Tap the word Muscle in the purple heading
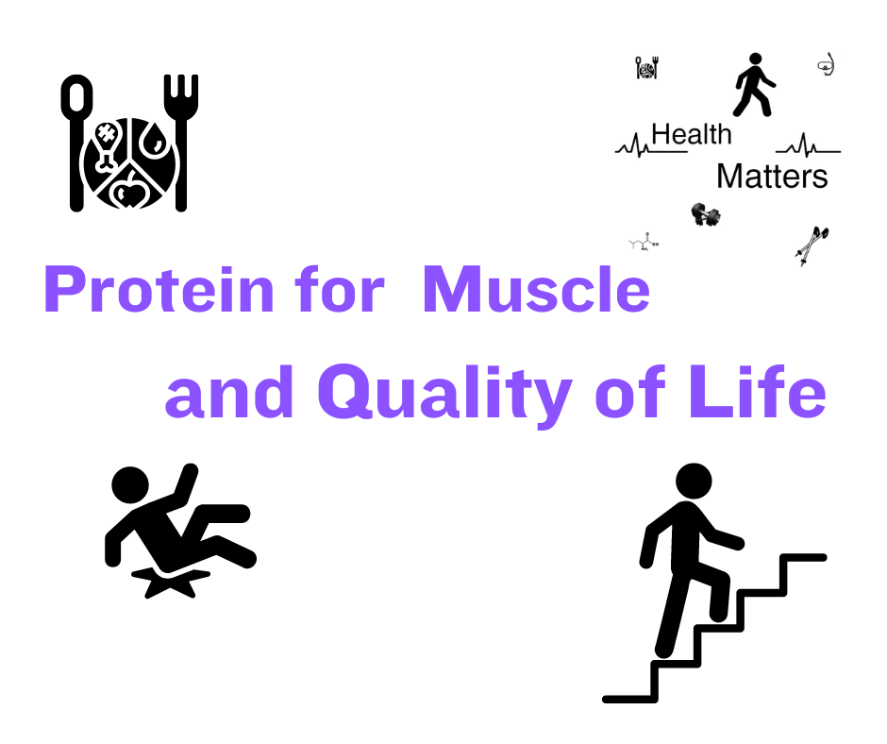(536, 289)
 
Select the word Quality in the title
(444, 393)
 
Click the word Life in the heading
(758, 391)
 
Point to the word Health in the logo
(692, 135)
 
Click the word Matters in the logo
(772, 177)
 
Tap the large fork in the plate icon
(181, 143)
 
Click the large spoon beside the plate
(77, 143)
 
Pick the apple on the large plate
(129, 190)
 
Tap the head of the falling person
(130, 485)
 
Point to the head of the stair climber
(694, 482)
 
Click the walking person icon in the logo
(755, 85)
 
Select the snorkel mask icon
(827, 64)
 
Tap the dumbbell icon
(706, 214)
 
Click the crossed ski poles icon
(812, 245)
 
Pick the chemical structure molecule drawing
(644, 242)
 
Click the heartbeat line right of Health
(808, 146)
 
